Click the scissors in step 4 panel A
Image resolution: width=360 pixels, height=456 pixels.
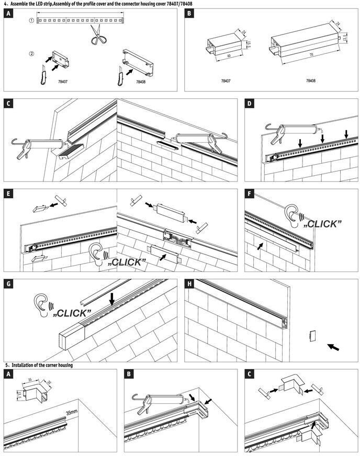(x=95, y=35)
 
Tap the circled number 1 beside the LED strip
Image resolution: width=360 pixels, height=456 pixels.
(x=31, y=21)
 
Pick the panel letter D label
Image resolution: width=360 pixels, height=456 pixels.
(x=251, y=104)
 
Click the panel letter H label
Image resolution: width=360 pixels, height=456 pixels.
(x=190, y=284)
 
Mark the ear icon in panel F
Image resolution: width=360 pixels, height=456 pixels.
(x=291, y=214)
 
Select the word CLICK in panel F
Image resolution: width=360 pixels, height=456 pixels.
(x=323, y=224)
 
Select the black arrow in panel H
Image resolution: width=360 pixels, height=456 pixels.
(x=332, y=346)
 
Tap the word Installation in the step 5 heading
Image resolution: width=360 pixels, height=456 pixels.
(x=26, y=365)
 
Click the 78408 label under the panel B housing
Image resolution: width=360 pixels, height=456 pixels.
(x=310, y=82)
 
